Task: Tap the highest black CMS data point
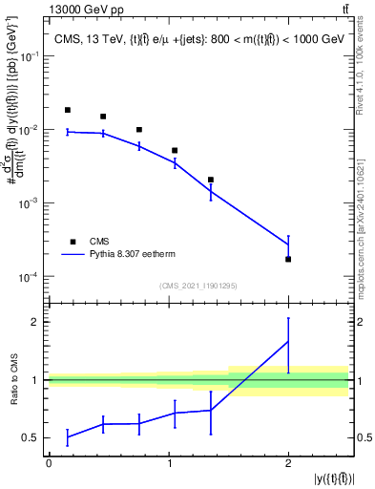coord(67,110)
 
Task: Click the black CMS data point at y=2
coord(288,259)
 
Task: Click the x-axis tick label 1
coord(168,462)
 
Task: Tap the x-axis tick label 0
coord(49,462)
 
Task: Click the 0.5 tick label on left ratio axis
coord(33,437)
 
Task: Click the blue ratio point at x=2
coord(288,341)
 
